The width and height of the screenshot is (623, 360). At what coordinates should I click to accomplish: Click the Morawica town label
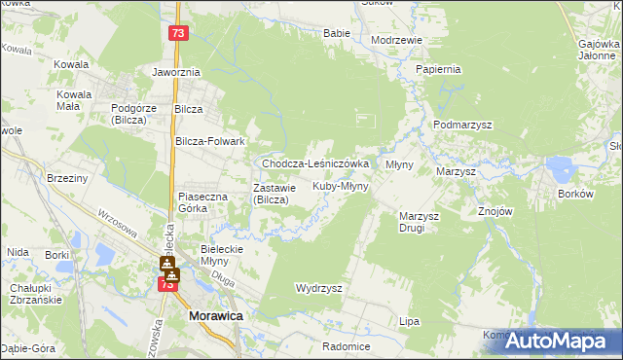pyautogui.click(x=215, y=317)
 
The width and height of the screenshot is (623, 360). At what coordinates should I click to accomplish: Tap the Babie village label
pyautogui.click(x=336, y=32)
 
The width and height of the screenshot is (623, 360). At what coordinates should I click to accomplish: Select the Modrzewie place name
pyautogui.click(x=396, y=40)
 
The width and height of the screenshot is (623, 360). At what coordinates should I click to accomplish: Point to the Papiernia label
pyautogui.click(x=437, y=70)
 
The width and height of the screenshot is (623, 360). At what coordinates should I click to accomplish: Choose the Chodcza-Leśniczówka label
pyautogui.click(x=314, y=163)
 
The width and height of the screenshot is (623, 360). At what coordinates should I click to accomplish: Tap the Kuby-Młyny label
pyautogui.click(x=340, y=185)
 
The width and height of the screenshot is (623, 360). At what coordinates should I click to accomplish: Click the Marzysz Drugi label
pyautogui.click(x=421, y=222)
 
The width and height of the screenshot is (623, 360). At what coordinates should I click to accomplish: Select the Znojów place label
pyautogui.click(x=495, y=210)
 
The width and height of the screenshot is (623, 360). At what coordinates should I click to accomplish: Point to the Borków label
pyautogui.click(x=575, y=194)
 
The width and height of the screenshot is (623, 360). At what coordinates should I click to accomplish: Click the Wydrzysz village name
pyautogui.click(x=318, y=289)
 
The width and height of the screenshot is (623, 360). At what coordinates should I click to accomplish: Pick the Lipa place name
pyautogui.click(x=409, y=320)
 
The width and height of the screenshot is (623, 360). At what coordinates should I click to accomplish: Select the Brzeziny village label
pyautogui.click(x=67, y=179)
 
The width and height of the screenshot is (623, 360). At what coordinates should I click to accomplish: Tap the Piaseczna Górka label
pyautogui.click(x=202, y=202)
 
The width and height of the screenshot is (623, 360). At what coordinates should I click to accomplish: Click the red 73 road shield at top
pyautogui.click(x=176, y=33)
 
